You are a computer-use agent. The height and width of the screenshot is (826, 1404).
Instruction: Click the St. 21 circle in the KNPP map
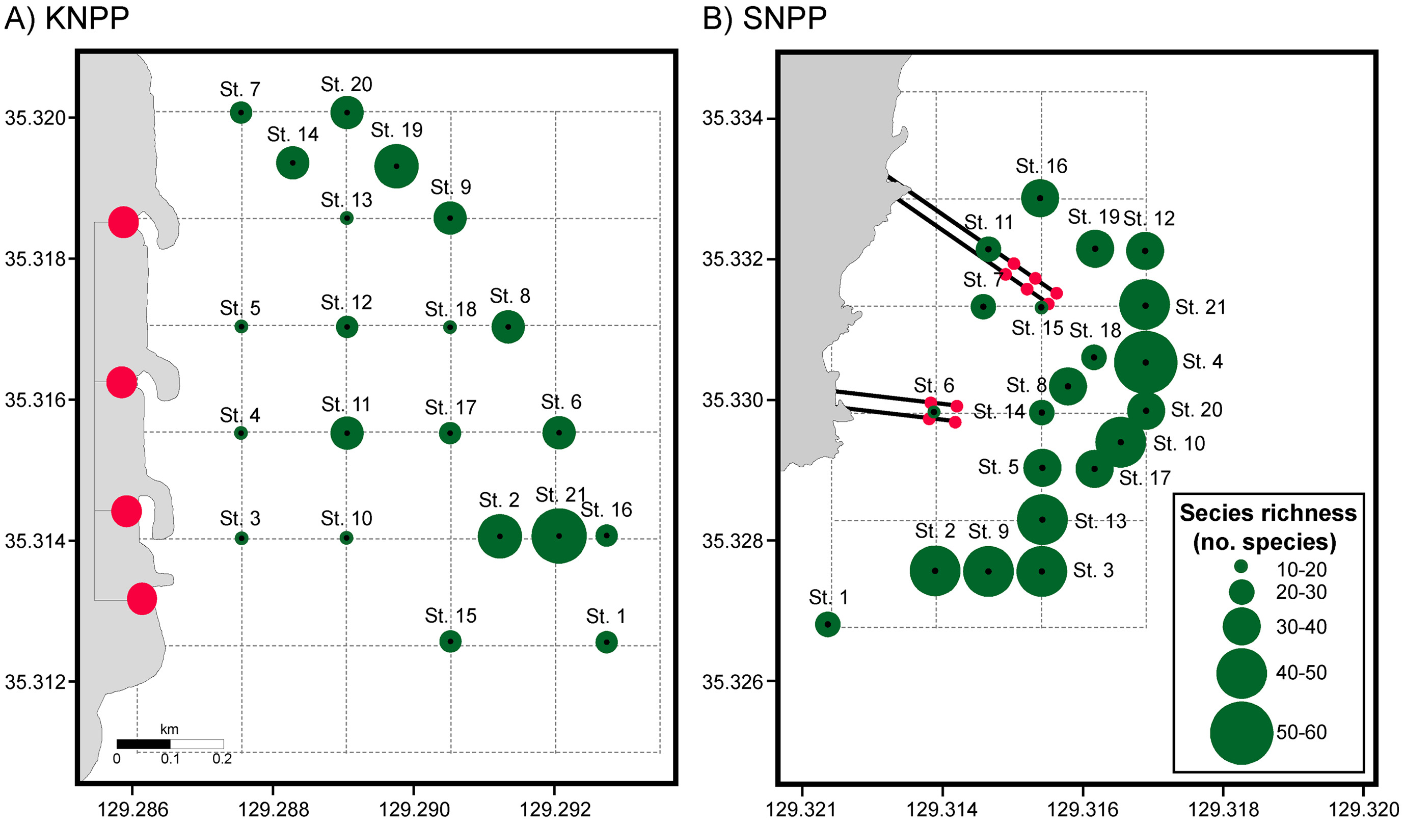coord(559,536)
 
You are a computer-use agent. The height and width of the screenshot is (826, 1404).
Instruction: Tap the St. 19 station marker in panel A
coord(396,166)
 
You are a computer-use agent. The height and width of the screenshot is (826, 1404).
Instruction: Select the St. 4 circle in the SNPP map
coord(1146,362)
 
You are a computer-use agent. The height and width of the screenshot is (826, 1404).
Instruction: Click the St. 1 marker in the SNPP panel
coord(827,624)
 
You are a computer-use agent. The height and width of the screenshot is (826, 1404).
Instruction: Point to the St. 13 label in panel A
coord(346,200)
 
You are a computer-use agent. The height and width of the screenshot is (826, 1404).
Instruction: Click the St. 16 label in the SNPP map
coord(1041,166)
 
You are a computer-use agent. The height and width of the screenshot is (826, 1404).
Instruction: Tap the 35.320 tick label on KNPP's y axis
coord(35,118)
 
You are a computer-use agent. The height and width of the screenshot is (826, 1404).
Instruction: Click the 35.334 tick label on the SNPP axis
coord(732,118)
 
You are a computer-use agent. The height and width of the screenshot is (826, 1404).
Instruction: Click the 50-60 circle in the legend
coord(1242,733)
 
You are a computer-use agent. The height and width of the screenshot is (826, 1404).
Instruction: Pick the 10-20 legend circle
coord(1241,567)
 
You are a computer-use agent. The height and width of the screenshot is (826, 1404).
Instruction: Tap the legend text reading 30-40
coord(1302,627)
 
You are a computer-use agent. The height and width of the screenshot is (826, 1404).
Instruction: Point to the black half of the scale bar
coord(143,744)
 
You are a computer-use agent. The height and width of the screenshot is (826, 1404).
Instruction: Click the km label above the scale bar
coord(169,729)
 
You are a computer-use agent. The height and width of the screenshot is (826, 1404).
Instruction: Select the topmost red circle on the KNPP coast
coord(123,222)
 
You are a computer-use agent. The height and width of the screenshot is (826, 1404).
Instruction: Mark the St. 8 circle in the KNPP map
coord(507,327)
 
